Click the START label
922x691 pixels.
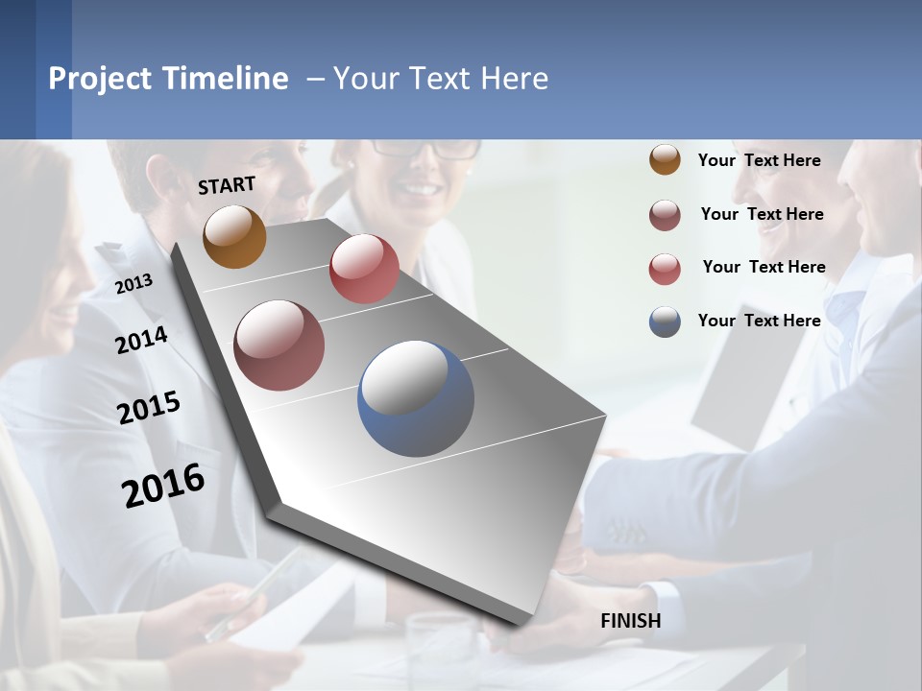(x=227, y=185)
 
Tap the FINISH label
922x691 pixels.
(x=630, y=621)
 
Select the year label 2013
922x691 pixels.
(x=133, y=283)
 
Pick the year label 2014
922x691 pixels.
(x=141, y=340)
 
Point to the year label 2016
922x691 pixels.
(x=163, y=485)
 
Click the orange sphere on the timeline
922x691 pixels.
(x=234, y=236)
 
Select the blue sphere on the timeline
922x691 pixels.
(x=415, y=398)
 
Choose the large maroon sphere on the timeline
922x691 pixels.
(x=279, y=345)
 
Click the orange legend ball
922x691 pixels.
(x=665, y=160)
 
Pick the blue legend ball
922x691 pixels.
(x=665, y=322)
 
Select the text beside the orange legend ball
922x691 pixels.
(x=759, y=160)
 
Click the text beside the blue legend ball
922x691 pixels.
(x=759, y=321)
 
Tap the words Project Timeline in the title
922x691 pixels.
(x=168, y=79)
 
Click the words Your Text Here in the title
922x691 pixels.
(x=441, y=79)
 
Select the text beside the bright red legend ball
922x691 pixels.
(x=764, y=267)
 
